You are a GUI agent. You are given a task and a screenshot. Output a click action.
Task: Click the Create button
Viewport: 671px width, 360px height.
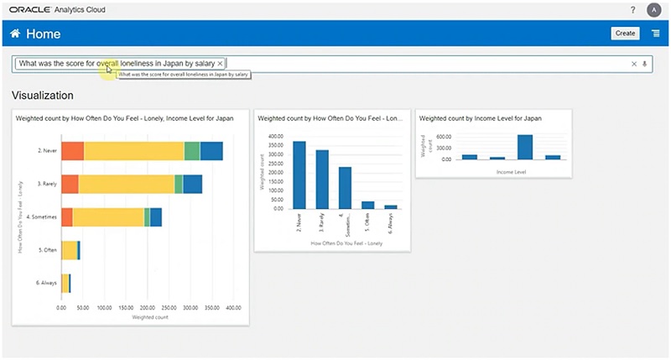click(625, 34)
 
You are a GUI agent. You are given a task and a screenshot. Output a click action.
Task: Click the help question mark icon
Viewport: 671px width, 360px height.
click(632, 9)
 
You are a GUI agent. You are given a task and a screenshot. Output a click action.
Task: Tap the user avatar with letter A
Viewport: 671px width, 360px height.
click(653, 9)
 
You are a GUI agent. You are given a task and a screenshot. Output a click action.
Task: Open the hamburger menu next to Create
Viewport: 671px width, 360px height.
click(655, 34)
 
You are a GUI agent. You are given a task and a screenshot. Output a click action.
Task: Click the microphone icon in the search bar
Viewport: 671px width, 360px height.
click(645, 64)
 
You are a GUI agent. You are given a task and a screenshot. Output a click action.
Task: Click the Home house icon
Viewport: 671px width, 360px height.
click(15, 34)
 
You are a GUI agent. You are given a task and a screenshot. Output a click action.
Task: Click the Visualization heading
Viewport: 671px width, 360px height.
click(42, 96)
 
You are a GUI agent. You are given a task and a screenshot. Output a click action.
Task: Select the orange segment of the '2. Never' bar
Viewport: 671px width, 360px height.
click(72, 151)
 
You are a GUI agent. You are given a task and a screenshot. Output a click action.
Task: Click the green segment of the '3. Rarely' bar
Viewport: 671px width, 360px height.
click(179, 184)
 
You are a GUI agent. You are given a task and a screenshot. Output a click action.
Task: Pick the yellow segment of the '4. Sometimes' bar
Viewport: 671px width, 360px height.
click(108, 217)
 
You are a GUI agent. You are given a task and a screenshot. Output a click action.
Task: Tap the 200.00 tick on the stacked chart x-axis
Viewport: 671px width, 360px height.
click(148, 308)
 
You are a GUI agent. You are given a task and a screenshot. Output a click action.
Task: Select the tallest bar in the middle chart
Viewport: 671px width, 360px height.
click(299, 175)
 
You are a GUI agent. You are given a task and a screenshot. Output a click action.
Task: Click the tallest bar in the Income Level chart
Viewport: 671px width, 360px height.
click(525, 147)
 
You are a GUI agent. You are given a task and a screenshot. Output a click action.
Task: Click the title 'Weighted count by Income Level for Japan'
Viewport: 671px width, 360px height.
click(480, 119)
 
